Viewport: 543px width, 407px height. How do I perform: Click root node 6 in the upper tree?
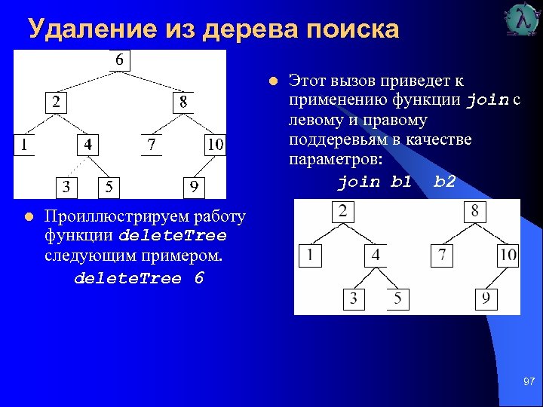point(120,60)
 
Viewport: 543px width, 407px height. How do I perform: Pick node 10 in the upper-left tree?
point(215,144)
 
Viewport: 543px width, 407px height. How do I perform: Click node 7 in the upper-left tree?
point(152,144)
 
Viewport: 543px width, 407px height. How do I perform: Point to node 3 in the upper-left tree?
point(67,186)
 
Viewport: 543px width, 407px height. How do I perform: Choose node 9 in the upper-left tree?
point(195,186)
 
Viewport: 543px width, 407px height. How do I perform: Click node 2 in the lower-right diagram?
point(343,212)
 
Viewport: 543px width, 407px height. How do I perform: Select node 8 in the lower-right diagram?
point(474,212)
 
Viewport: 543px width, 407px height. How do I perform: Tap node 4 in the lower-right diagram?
point(376,256)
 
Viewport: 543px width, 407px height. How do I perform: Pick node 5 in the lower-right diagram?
point(397,299)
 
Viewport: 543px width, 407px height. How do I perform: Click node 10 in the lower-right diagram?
point(508,256)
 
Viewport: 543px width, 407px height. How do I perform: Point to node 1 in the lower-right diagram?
point(310,256)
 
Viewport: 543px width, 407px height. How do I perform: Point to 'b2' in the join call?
point(445,182)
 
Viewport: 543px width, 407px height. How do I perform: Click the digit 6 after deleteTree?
point(198,278)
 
